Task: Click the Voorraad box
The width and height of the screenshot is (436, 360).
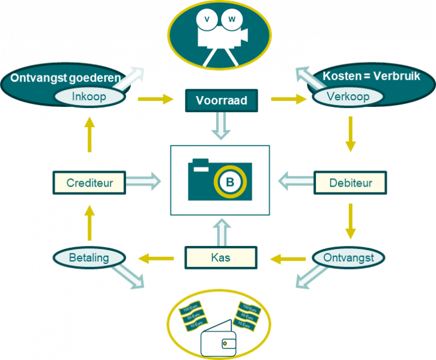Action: (221, 100)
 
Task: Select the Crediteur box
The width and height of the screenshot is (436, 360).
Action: (89, 182)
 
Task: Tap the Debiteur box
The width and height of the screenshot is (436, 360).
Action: (350, 182)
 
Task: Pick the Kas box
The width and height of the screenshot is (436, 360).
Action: (220, 259)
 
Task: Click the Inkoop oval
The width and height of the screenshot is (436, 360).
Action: (88, 97)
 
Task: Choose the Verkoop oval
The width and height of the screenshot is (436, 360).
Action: (348, 97)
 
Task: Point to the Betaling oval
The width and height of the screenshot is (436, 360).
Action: (89, 258)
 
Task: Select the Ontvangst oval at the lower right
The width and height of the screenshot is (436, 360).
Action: (349, 258)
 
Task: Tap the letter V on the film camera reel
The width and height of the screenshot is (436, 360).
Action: (208, 19)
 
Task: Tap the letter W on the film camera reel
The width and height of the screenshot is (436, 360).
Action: (231, 19)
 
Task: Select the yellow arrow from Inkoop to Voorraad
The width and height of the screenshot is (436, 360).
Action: (156, 99)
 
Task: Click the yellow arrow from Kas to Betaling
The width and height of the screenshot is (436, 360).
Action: (156, 259)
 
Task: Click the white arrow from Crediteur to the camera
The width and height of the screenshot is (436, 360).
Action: (144, 180)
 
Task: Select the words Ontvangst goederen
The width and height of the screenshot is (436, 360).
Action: (65, 77)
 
